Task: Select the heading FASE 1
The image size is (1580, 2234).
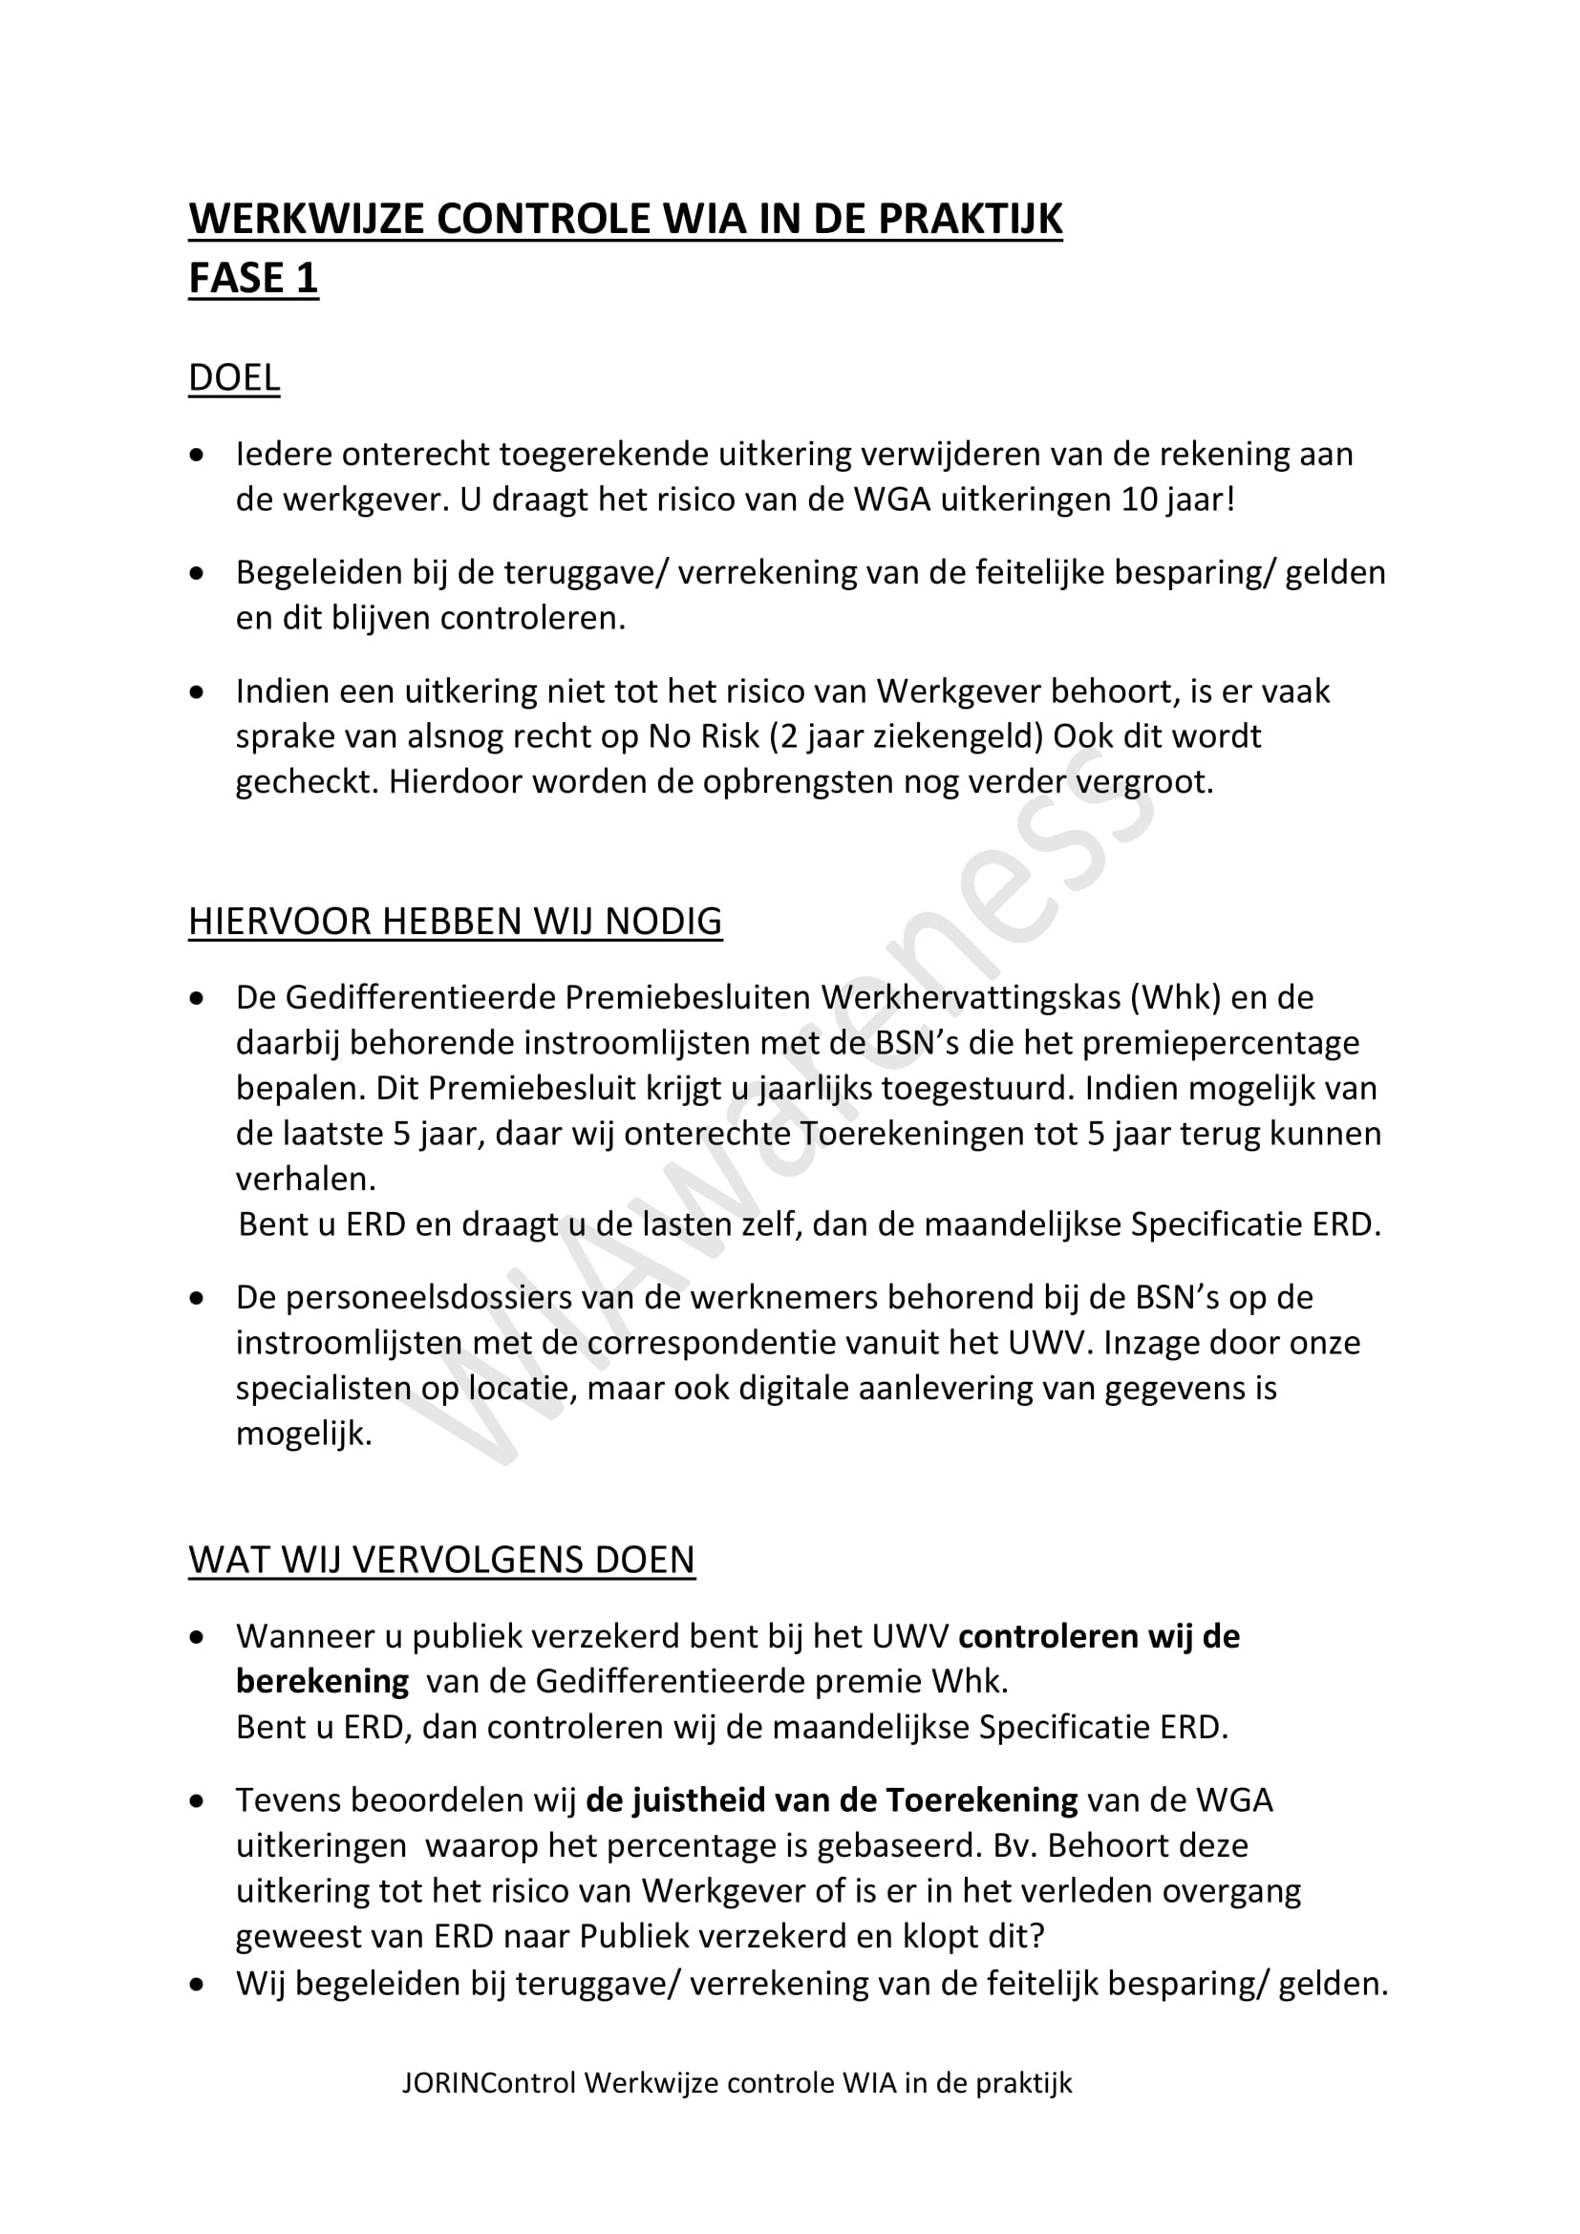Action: click(253, 278)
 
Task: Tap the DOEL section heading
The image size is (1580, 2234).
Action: click(233, 377)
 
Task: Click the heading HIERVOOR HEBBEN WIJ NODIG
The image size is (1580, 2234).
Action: click(455, 921)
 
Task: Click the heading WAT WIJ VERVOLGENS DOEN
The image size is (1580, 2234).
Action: click(441, 1560)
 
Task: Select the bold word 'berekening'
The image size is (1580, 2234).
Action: click(322, 1681)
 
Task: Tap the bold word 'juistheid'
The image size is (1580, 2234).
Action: click(697, 1800)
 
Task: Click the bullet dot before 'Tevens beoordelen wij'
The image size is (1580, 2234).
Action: click(198, 1802)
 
